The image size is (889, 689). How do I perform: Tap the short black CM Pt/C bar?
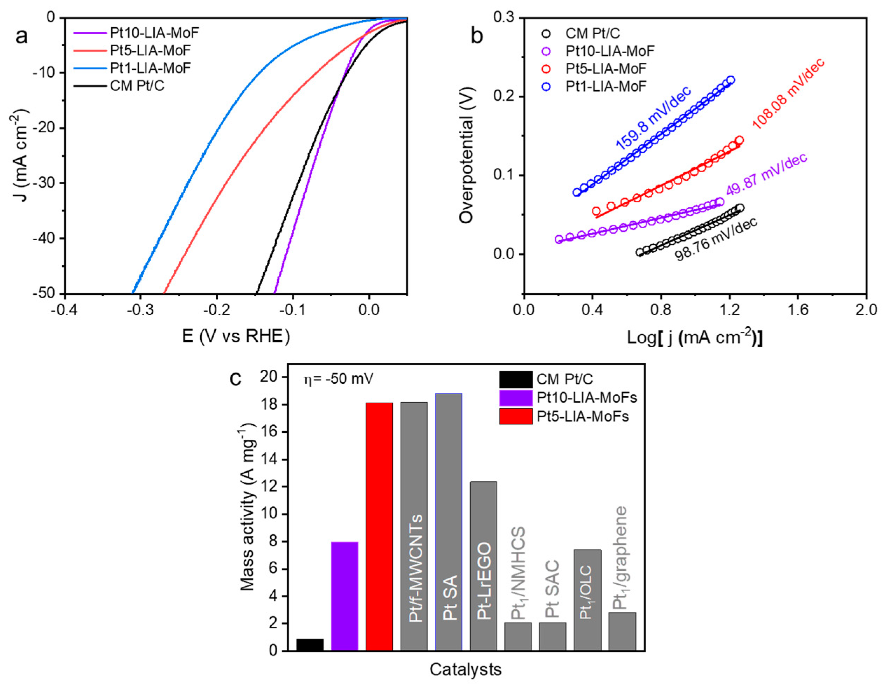pyautogui.click(x=310, y=645)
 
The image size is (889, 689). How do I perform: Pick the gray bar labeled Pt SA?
pyautogui.click(x=449, y=522)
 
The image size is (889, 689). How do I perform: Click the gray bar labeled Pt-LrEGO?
pyautogui.click(x=483, y=566)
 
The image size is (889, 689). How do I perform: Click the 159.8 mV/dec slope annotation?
pyautogui.click(x=653, y=118)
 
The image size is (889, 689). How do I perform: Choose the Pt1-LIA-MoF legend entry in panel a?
pyautogui.click(x=150, y=68)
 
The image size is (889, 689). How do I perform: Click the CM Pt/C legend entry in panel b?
pyautogui.click(x=592, y=33)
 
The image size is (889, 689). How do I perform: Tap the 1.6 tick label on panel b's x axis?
pyautogui.click(x=797, y=310)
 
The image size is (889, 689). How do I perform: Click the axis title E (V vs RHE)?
pyautogui.click(x=236, y=336)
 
